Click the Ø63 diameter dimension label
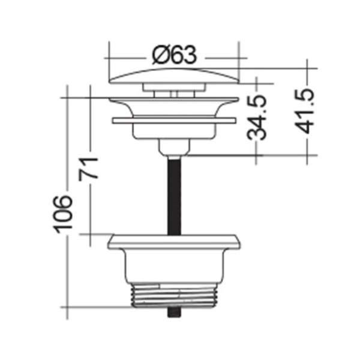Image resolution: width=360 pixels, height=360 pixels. point(174,55)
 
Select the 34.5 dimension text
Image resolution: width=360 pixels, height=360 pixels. point(257,118)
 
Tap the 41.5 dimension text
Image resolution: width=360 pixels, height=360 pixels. point(304,111)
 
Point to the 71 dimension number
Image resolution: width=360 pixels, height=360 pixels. point(88,169)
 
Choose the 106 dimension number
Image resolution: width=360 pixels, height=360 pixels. point(62,214)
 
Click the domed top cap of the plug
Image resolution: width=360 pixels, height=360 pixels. point(174,76)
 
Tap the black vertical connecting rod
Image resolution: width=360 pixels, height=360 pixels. point(174,196)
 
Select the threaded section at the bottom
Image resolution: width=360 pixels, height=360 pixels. point(174,296)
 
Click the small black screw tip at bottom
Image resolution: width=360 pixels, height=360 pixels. point(174,312)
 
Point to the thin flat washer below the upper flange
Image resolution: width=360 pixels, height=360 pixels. point(174,121)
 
